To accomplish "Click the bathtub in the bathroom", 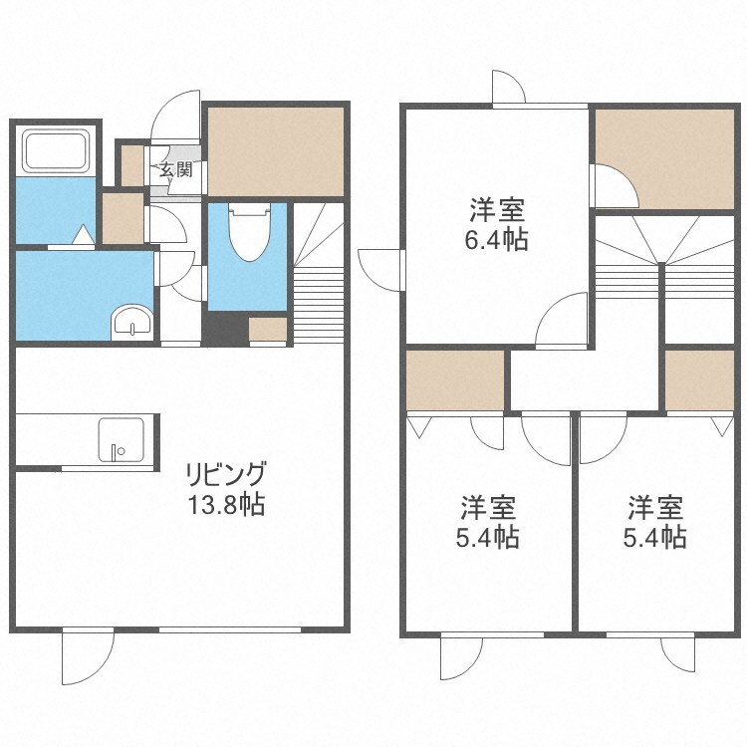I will click(x=56, y=151).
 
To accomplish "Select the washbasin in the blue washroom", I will click(x=130, y=323).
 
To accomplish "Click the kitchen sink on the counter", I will click(x=121, y=438).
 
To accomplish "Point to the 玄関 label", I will click(x=176, y=169).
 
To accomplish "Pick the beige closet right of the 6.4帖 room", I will click(x=663, y=158).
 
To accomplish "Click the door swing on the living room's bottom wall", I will click(x=87, y=656).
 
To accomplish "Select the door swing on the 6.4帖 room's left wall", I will click(x=380, y=266).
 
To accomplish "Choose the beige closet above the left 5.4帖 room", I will click(x=455, y=380).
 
